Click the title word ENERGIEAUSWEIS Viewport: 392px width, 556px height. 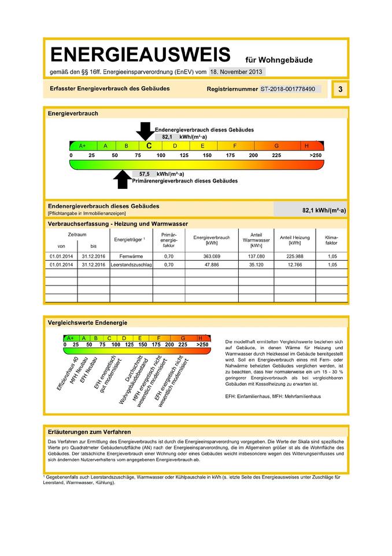pos(140,56)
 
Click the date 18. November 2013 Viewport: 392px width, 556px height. pos(237,72)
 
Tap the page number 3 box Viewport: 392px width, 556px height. pos(340,89)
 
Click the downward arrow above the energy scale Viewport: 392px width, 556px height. pos(145,131)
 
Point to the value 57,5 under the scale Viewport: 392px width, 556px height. pos(140,174)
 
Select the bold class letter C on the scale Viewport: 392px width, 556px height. pos(149,147)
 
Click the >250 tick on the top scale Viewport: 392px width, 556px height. pos(315,156)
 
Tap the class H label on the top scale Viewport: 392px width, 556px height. pos(306,146)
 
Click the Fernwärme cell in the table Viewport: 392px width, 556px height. pos(127,255)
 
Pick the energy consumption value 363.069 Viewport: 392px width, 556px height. pos(211,255)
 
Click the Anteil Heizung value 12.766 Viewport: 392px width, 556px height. pos(294,265)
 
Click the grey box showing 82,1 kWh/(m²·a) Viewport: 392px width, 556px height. pos(310,210)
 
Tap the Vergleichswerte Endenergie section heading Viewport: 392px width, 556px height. pos(87,323)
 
